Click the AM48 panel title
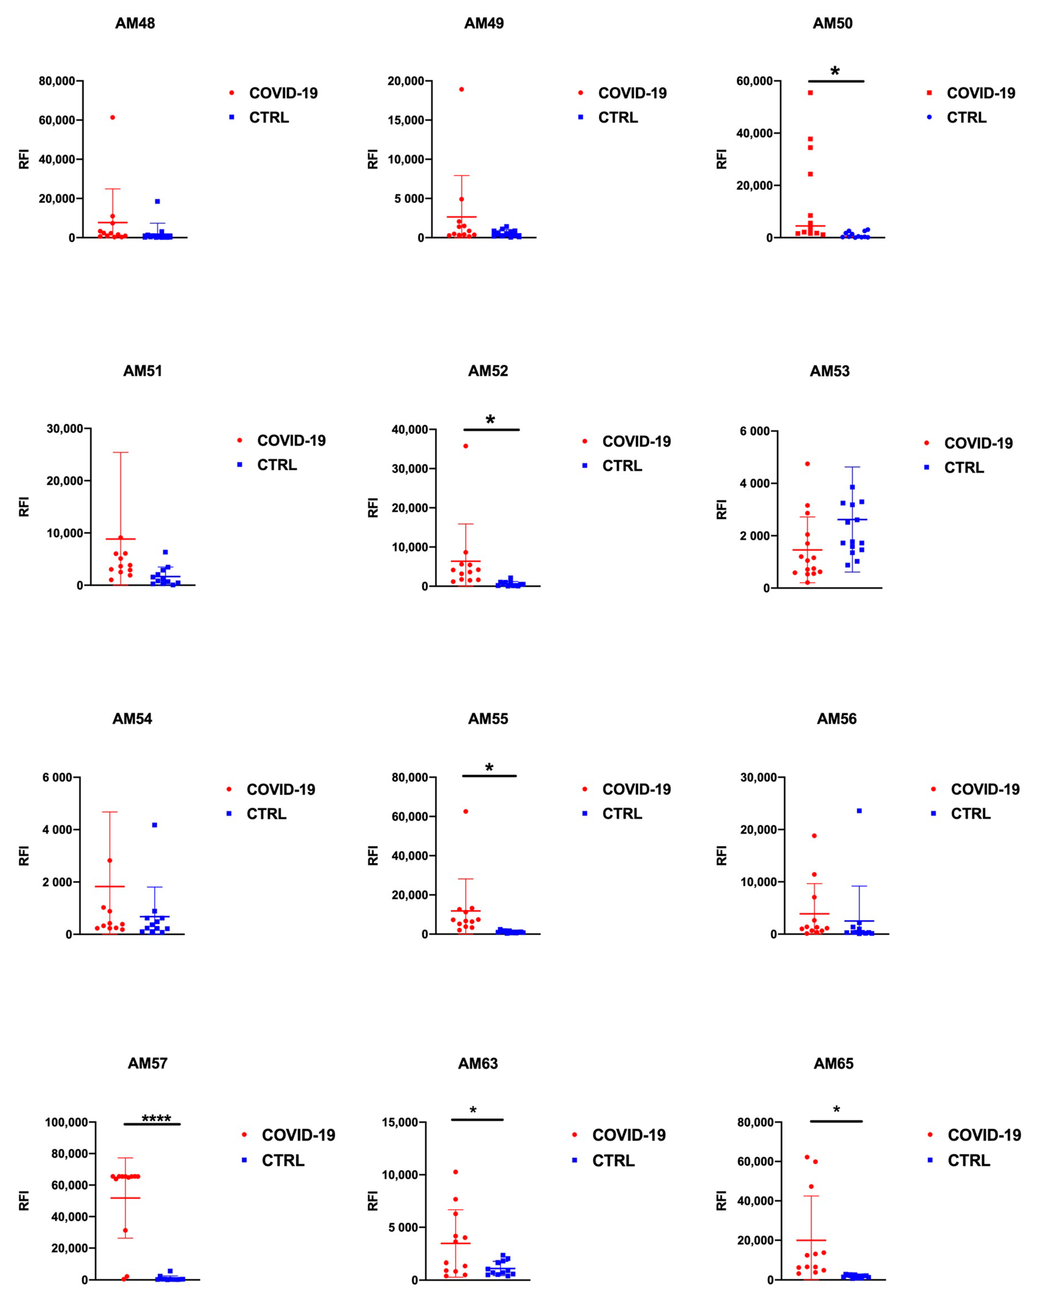point(135,23)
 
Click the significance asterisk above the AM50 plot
point(835,71)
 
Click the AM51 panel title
point(143,371)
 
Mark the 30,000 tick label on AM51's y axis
point(65,429)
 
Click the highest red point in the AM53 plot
point(807,463)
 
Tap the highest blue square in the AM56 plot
point(859,811)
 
